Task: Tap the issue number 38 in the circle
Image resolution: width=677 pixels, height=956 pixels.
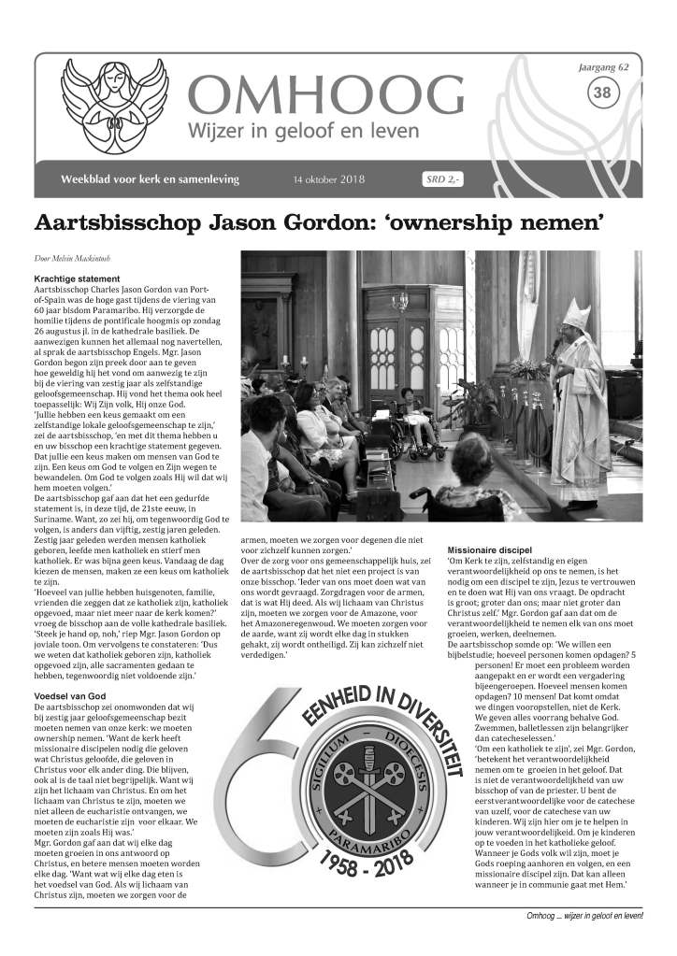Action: point(603,92)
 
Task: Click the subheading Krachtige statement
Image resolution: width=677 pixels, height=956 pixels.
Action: point(78,278)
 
